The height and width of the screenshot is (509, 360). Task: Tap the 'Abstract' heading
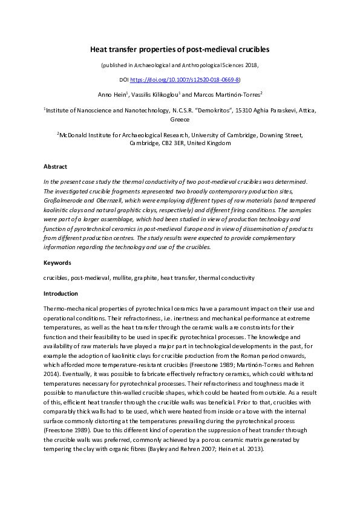tap(56, 166)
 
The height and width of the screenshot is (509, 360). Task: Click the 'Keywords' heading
tap(57, 263)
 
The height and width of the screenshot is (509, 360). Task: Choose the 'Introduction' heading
tap(61, 293)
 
